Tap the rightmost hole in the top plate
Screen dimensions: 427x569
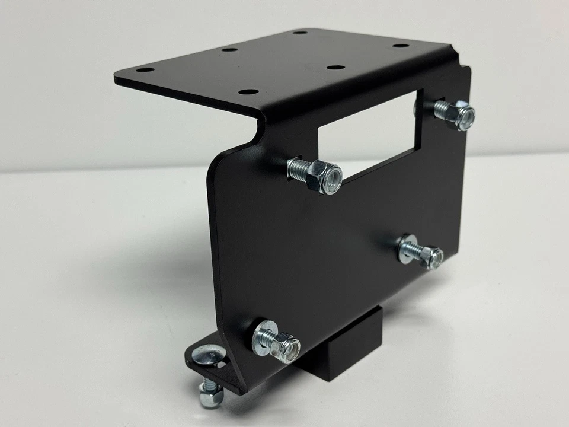point(401,46)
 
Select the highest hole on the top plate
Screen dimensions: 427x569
point(301,31)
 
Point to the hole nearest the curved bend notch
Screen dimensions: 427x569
point(249,92)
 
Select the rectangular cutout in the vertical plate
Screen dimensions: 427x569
point(367,133)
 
